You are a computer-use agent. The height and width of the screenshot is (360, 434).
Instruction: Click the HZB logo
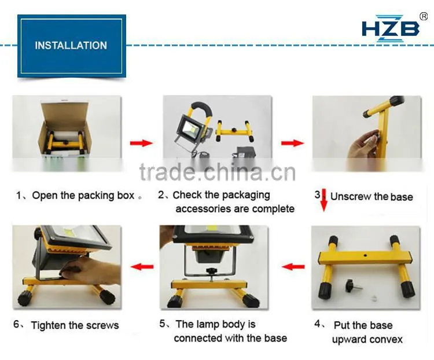[390, 28]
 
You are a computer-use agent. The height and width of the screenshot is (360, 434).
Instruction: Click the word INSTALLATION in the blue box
[71, 45]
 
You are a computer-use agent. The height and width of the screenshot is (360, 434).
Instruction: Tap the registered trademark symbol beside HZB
[424, 16]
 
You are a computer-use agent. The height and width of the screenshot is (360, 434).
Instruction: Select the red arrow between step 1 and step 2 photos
[141, 143]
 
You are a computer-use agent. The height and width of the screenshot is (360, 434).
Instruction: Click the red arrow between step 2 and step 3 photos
[293, 143]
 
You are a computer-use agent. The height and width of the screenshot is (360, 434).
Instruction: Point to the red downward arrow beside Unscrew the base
[324, 200]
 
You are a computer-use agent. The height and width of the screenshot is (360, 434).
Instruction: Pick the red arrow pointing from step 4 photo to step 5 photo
[293, 267]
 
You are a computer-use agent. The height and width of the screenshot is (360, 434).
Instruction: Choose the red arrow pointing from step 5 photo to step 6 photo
[142, 267]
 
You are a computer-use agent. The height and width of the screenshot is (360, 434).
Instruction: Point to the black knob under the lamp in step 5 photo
[212, 271]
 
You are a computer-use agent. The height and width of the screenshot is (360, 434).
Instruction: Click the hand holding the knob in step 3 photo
[363, 145]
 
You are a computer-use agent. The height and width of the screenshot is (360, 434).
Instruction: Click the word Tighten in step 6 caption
[48, 325]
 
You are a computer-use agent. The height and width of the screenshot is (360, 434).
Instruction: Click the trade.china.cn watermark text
[218, 172]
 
